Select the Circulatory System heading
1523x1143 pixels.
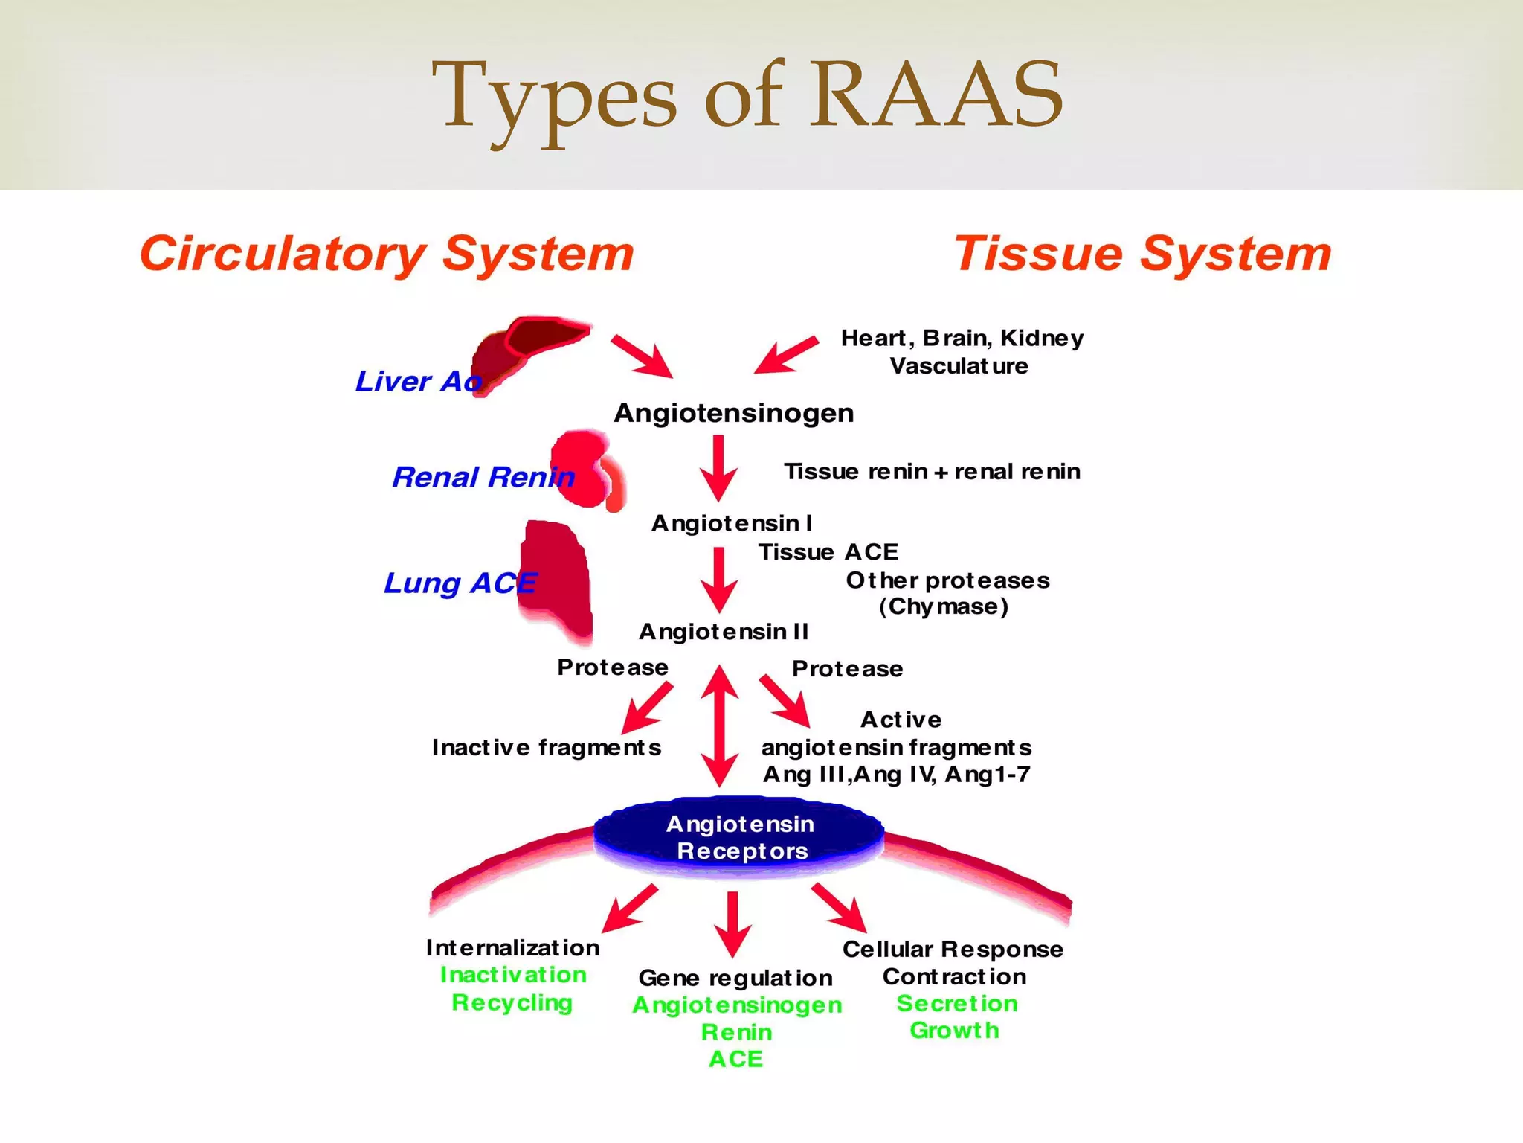click(x=387, y=254)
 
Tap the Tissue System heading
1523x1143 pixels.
click(x=1142, y=254)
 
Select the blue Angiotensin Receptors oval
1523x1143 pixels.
click(x=739, y=836)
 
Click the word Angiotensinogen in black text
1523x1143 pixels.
click(x=733, y=413)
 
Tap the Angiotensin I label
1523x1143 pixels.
click(x=732, y=523)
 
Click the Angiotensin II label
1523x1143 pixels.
click(x=724, y=632)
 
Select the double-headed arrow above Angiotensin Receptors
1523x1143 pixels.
click(x=719, y=725)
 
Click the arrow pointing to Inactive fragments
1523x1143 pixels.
click(x=645, y=709)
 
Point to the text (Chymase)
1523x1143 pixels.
click(x=943, y=606)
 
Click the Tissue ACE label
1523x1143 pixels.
click(x=828, y=552)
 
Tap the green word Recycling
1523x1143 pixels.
click(x=512, y=1002)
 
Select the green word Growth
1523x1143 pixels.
click(x=954, y=1031)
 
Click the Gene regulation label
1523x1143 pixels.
click(x=735, y=978)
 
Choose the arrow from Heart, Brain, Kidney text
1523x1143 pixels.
click(x=785, y=354)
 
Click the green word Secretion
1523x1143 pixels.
click(x=956, y=1004)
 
